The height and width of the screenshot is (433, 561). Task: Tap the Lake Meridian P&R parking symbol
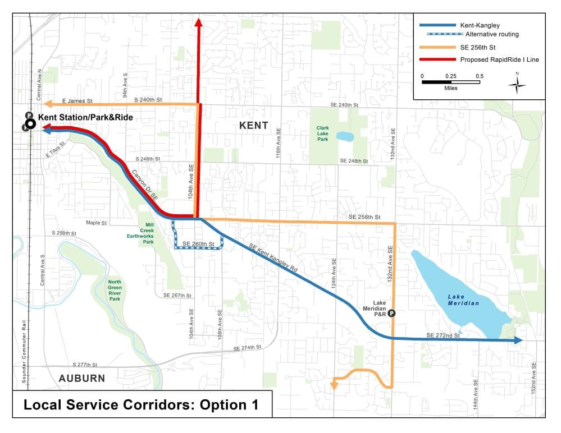[x=392, y=314]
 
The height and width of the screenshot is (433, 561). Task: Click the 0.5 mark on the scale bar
[x=479, y=76]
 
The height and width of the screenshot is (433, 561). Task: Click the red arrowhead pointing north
[x=198, y=22]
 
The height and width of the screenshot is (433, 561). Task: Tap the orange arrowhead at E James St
[x=48, y=104]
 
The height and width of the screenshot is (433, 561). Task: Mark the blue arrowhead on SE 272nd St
[x=518, y=340]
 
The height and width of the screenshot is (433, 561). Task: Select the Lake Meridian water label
[x=463, y=300]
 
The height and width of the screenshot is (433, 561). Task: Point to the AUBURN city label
[x=82, y=378]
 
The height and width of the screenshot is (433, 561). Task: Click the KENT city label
[x=254, y=125]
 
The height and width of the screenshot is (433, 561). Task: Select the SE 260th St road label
[x=199, y=245]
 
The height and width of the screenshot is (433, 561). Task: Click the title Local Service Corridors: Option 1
[x=142, y=405]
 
